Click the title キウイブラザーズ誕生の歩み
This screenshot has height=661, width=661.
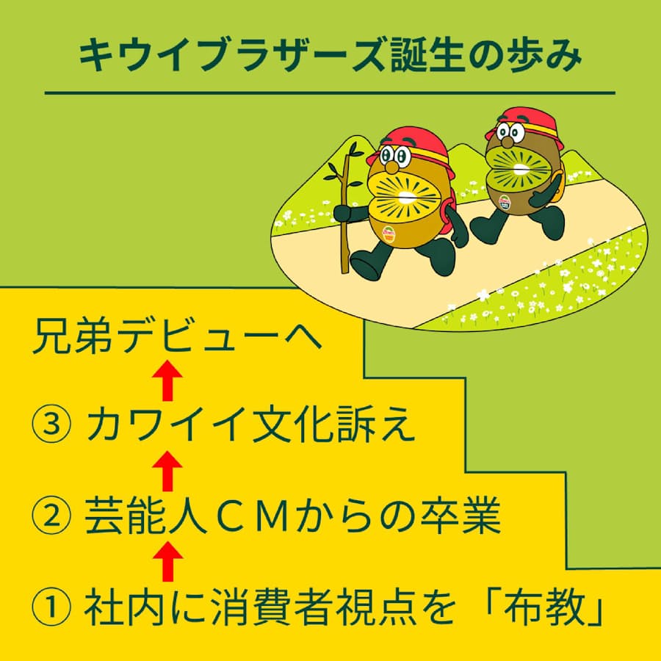click(x=330, y=55)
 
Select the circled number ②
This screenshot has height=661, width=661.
click(x=51, y=516)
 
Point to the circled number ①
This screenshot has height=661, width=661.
click(x=51, y=608)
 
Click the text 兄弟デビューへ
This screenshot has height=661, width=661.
click(x=177, y=337)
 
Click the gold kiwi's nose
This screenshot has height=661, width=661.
click(x=392, y=165)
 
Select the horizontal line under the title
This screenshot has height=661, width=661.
click(x=330, y=93)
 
